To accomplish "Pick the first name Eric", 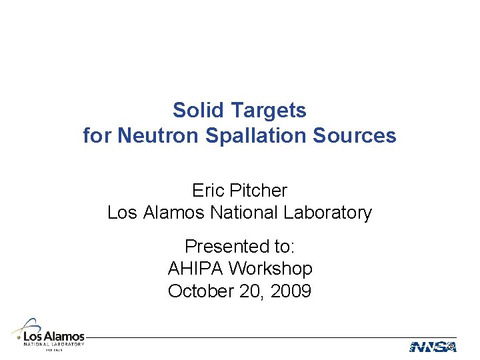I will point(207,191).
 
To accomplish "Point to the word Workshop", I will point(270,269).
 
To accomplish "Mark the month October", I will point(199,292).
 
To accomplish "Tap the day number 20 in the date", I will point(249,292).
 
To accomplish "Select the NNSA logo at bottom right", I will point(433,347).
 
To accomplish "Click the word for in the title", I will point(98,136).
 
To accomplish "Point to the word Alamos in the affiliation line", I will point(174,213).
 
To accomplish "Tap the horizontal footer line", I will point(267,337).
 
